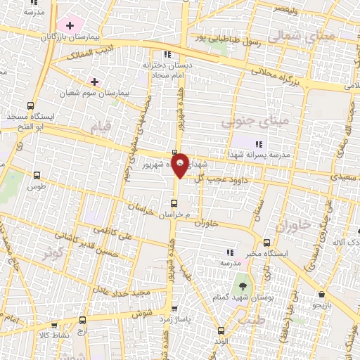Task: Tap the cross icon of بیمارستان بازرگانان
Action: click(x=70, y=25)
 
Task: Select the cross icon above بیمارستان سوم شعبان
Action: click(x=94, y=82)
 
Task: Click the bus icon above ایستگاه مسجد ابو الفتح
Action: click(x=32, y=105)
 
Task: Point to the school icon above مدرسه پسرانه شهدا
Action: click(x=259, y=144)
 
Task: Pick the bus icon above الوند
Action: click(x=221, y=331)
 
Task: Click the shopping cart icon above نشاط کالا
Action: click(x=53, y=326)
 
